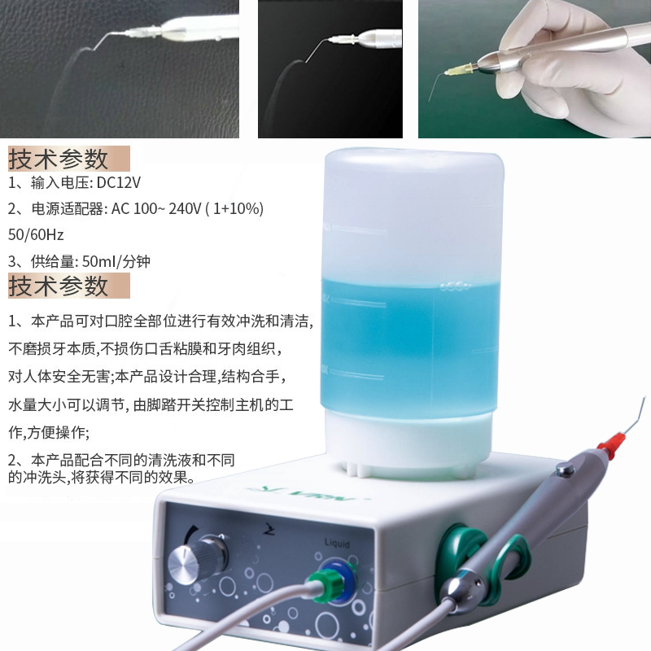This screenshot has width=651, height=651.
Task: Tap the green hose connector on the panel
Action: (x=327, y=585)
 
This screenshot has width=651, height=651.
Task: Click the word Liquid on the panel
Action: (x=337, y=544)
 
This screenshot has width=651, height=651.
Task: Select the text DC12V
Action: (x=119, y=182)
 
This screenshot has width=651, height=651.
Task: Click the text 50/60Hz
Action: (x=36, y=234)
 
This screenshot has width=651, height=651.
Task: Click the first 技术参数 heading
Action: (x=59, y=159)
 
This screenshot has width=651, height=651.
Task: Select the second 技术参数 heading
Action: (x=59, y=286)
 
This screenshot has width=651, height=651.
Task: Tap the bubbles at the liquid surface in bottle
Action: (x=455, y=286)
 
